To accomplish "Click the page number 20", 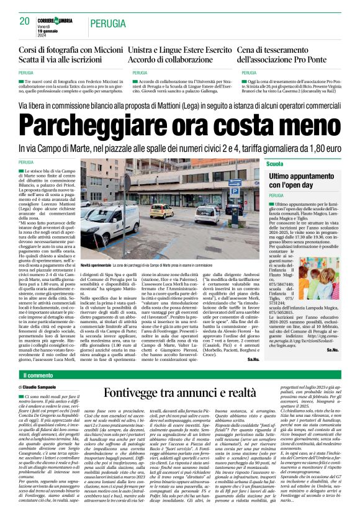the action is [24, 21].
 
